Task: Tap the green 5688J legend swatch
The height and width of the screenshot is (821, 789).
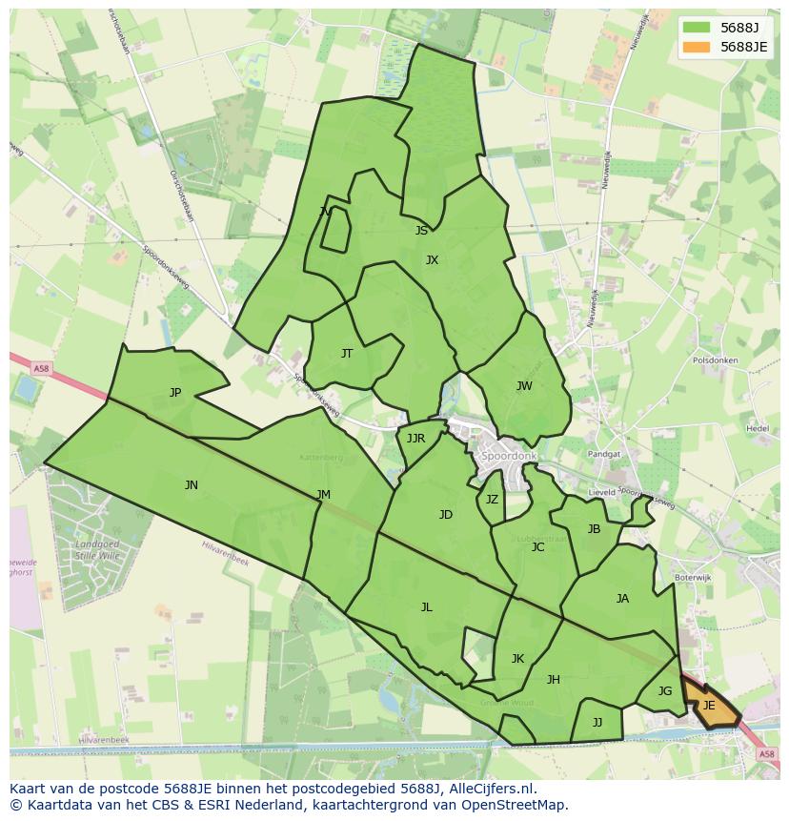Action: (697, 27)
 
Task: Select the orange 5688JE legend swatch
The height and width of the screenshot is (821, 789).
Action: (697, 47)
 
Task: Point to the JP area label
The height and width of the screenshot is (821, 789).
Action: (175, 393)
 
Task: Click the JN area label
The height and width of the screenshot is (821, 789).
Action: (192, 485)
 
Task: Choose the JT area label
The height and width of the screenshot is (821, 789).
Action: (347, 354)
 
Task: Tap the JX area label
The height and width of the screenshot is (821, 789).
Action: (432, 260)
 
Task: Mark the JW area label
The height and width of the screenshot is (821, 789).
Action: (524, 386)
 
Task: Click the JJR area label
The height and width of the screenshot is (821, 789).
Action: (415, 439)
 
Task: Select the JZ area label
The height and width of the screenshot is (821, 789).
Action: (492, 500)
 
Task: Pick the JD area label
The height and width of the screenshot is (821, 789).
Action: (445, 515)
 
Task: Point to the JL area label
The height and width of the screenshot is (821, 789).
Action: (426, 607)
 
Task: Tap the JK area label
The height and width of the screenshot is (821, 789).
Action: (517, 659)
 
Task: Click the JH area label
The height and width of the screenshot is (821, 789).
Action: (553, 680)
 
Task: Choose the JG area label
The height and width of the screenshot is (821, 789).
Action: (665, 691)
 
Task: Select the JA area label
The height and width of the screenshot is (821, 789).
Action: (622, 599)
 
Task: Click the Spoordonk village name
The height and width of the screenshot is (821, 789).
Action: (510, 457)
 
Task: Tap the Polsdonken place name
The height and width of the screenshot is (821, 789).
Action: (716, 361)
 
